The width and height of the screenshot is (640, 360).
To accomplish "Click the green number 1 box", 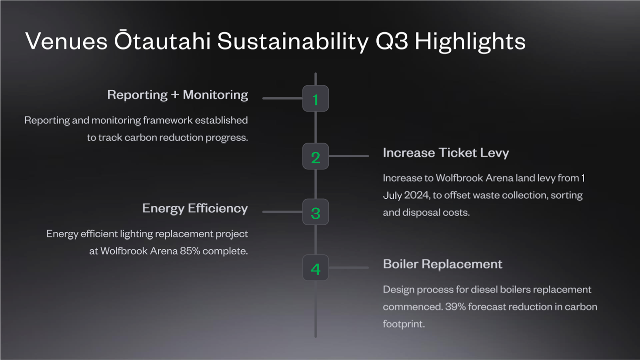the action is [316, 98].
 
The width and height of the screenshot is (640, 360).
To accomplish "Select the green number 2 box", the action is [316, 156].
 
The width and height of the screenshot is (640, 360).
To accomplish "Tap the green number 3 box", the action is [316, 212].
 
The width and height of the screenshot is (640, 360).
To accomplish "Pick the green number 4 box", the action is [316, 268].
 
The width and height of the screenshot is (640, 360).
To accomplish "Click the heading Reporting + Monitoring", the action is [178, 95].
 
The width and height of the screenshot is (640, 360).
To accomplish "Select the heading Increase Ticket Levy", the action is [446, 153].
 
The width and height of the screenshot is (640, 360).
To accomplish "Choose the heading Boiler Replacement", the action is [443, 264].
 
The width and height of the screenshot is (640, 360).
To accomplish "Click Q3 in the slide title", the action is [391, 41].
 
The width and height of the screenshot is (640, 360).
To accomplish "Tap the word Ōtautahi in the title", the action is [162, 40].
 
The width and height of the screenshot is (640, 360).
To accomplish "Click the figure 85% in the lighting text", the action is [190, 251].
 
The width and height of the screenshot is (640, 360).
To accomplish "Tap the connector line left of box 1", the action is [282, 98].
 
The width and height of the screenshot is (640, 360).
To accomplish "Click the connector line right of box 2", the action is [349, 156].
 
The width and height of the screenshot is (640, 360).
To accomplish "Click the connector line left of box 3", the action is [282, 212].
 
